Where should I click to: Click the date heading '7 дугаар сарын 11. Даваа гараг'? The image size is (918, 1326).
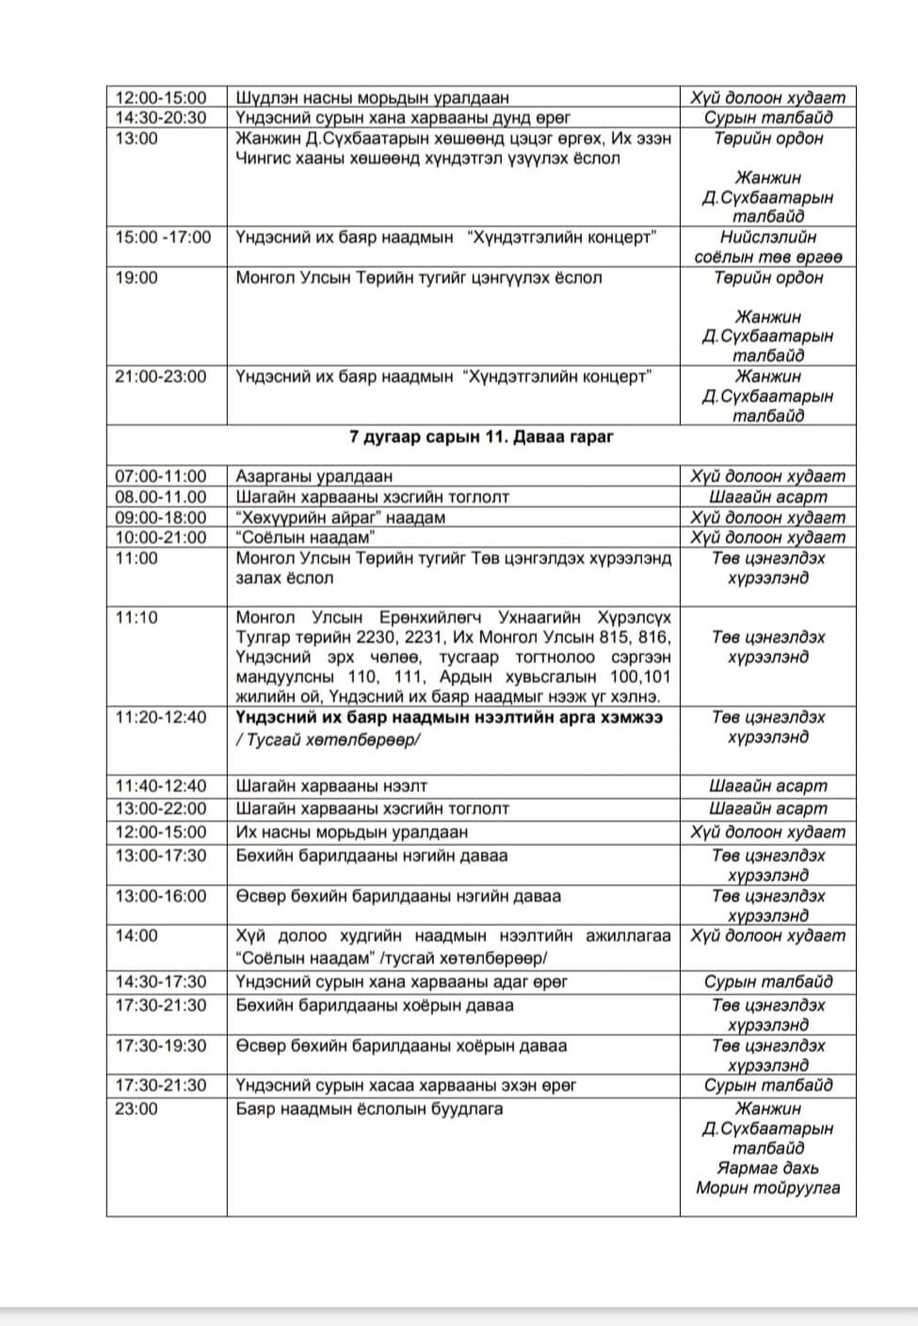coord(482,437)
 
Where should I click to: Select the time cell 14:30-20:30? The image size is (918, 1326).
coord(161,118)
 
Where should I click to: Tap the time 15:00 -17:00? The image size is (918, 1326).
coord(164,237)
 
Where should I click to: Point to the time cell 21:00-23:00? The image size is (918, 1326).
coord(161,376)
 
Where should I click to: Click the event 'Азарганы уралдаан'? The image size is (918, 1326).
coord(314,476)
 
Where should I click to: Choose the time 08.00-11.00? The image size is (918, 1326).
coord(161,497)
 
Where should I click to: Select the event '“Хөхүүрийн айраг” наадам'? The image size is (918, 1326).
coord(341,518)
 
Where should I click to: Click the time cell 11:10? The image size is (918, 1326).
coord(137,617)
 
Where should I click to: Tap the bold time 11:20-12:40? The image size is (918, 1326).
coord(161,717)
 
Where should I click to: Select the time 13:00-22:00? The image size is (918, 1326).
coord(161,808)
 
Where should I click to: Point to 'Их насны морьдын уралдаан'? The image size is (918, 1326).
coord(352,832)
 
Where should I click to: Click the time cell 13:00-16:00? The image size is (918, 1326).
coord(161,896)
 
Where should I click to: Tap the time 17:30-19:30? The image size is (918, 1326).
coord(161,1046)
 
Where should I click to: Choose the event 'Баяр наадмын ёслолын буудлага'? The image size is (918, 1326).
coord(369,1109)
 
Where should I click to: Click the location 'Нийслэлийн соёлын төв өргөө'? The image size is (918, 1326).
coord(768,247)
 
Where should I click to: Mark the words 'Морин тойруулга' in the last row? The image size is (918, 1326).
coord(768,1188)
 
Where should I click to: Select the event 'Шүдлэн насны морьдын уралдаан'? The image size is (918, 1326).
coord(372,97)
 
